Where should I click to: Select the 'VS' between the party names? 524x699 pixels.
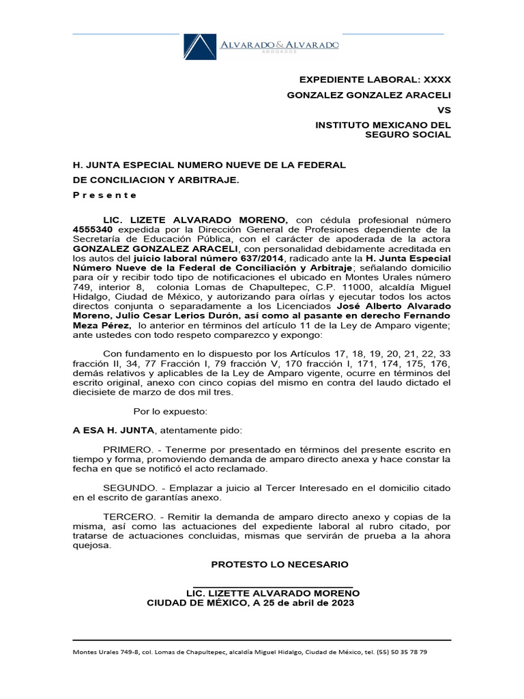(443, 109)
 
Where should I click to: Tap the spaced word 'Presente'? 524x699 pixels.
(105, 195)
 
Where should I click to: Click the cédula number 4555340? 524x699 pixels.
(93, 230)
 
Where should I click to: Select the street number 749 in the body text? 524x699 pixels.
(82, 288)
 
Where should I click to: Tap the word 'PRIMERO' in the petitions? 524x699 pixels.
(128, 450)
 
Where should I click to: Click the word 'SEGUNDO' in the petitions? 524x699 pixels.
(128, 489)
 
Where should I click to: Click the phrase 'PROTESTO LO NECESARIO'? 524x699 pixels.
(280, 565)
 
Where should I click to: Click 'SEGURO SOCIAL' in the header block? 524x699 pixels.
(409, 134)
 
